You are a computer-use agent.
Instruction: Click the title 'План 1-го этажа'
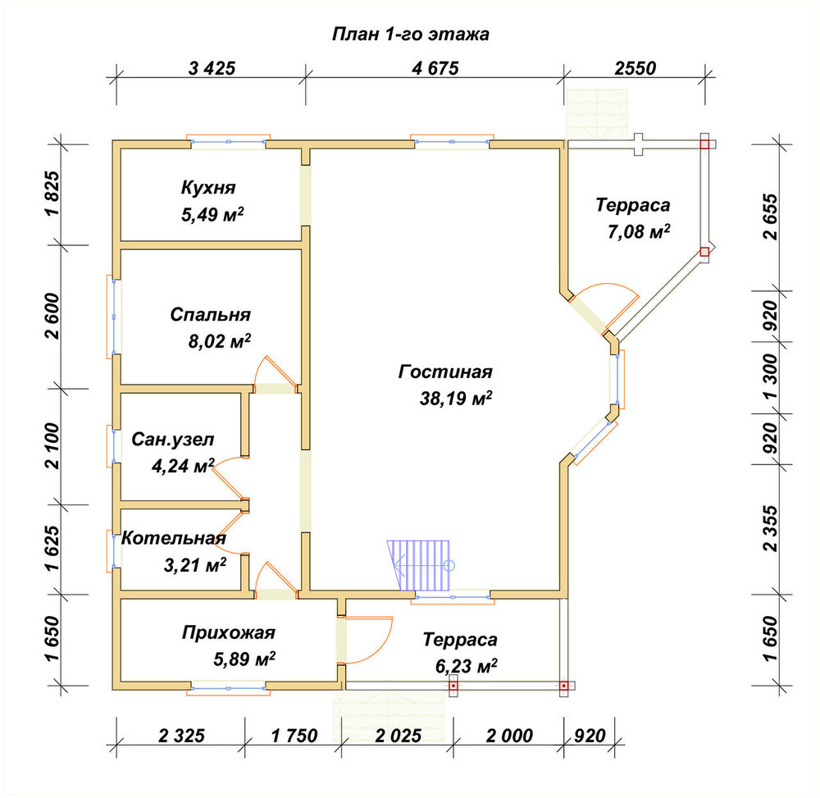click(411, 34)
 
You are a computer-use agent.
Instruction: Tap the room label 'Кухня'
click(208, 187)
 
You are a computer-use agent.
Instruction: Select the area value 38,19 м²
click(456, 399)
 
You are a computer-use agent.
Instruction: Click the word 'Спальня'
click(210, 314)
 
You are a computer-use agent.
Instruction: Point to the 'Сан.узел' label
click(172, 440)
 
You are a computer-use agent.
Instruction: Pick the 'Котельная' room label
click(174, 538)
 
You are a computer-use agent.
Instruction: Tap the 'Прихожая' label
click(229, 632)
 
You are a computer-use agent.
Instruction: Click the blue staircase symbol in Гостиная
click(420, 565)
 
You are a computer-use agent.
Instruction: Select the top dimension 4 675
click(435, 69)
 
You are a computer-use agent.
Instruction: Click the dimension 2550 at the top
click(635, 69)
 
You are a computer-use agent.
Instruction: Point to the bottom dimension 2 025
click(398, 736)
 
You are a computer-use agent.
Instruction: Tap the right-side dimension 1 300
click(770, 377)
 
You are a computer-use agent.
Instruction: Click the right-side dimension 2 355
click(770, 529)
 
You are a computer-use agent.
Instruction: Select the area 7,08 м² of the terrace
click(639, 231)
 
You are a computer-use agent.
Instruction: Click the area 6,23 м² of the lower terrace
click(466, 666)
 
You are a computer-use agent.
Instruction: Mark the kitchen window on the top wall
click(229, 141)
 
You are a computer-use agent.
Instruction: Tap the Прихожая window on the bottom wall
click(229, 688)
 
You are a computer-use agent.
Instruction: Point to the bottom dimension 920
click(590, 736)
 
